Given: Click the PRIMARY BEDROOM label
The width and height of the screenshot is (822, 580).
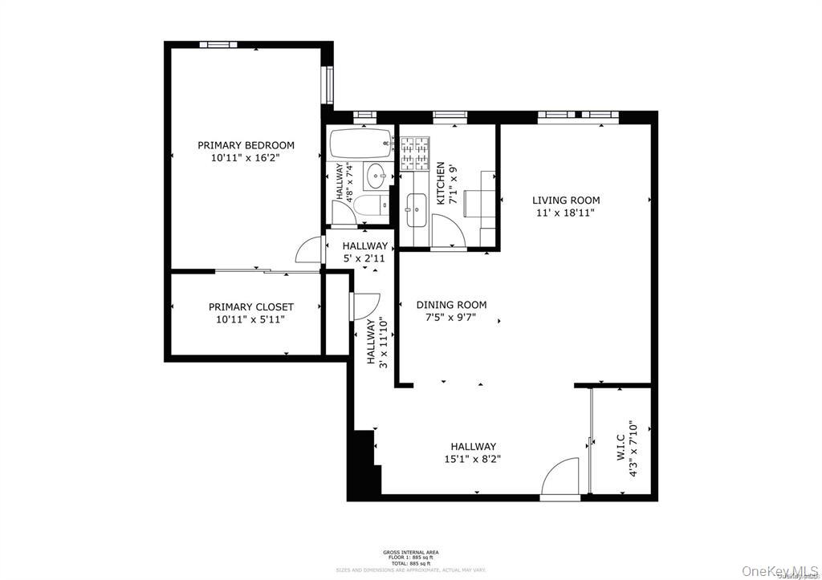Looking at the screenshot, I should pos(246,145).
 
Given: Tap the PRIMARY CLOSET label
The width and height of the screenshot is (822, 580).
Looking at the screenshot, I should pos(250,307).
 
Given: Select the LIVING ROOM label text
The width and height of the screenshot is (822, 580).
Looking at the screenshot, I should pos(566,201).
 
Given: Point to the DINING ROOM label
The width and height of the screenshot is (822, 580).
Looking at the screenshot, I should pos(451,305).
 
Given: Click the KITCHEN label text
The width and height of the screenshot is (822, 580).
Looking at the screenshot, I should pos(440,184).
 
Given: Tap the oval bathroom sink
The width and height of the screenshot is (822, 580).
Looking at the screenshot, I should pos(376,174).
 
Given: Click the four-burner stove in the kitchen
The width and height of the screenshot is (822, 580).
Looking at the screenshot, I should pos(415,154).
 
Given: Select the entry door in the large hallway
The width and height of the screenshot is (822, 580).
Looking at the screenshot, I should pos(560,480).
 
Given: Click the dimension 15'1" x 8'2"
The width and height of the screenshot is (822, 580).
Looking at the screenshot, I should pos(473,460).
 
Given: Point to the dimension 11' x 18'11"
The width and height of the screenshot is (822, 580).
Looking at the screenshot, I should pos(566,213).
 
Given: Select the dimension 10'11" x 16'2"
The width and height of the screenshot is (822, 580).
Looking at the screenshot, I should pos(246,159).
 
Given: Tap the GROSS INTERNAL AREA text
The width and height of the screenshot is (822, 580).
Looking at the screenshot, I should pos(410,552).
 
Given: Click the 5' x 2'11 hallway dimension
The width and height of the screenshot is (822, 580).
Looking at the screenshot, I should pos(364,259).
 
